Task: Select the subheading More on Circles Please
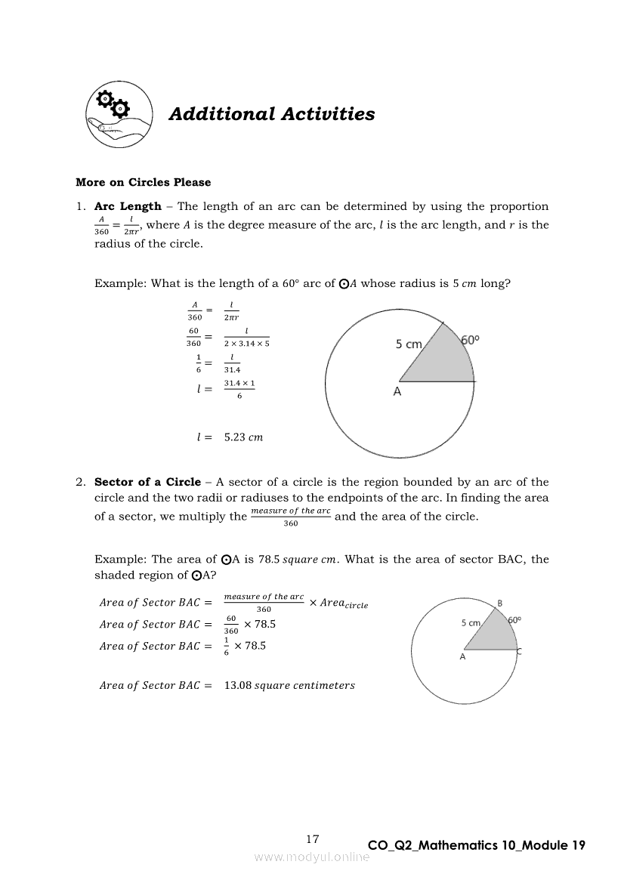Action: click(x=144, y=182)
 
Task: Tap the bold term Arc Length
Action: click(x=128, y=206)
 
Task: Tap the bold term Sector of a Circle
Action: click(x=147, y=482)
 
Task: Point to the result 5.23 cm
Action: click(x=243, y=437)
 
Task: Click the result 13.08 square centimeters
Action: click(x=289, y=686)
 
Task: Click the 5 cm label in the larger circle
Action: click(x=409, y=344)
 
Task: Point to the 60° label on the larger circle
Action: click(x=470, y=341)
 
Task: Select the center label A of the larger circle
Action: click(x=397, y=392)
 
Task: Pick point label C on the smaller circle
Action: click(x=518, y=651)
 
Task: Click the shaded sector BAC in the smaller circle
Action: click(x=494, y=634)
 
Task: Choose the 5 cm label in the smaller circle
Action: click(x=471, y=623)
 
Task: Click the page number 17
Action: click(x=313, y=839)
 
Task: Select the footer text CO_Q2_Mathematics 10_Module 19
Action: click(x=476, y=845)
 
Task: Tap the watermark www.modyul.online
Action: click(x=312, y=857)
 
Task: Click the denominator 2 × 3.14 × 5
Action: click(x=246, y=344)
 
